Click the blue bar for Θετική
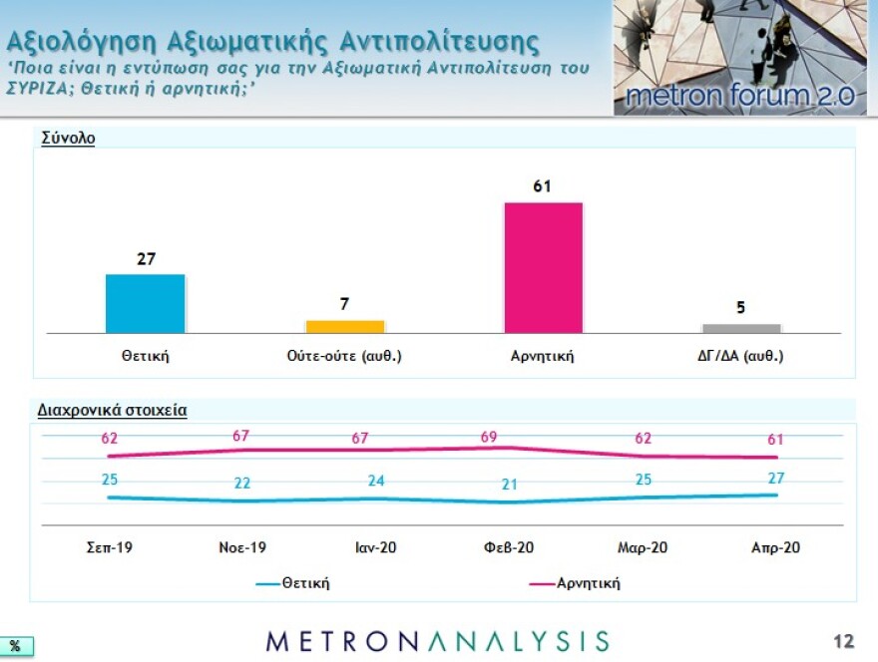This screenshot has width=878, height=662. (145, 303)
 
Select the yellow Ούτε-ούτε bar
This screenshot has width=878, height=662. (344, 326)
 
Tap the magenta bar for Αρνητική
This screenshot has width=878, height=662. (543, 267)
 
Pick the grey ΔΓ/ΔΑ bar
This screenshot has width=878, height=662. (741, 328)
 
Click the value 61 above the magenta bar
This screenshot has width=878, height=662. (543, 186)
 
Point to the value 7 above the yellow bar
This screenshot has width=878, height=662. (344, 304)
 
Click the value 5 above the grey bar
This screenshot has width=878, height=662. (741, 307)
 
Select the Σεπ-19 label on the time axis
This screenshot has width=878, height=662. (110, 547)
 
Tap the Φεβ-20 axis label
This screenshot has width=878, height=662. (509, 547)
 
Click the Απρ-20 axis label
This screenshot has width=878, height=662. (775, 547)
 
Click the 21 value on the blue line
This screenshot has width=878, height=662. (509, 486)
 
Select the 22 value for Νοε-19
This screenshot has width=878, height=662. (242, 484)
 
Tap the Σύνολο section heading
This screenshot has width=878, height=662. (68, 139)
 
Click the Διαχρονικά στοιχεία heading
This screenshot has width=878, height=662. (112, 410)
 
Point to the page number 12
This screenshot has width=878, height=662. (844, 640)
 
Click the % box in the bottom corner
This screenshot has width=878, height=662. (15, 646)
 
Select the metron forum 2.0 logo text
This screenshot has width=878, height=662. (738, 96)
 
